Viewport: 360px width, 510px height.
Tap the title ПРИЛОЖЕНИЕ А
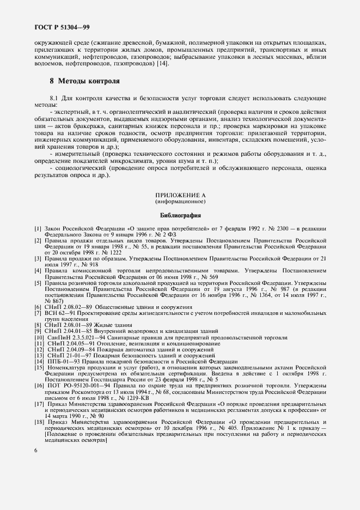tap(180, 195)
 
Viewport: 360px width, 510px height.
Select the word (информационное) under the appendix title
tap(180, 202)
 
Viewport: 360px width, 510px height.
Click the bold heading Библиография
tap(180, 215)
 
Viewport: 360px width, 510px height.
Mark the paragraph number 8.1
tap(55, 98)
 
